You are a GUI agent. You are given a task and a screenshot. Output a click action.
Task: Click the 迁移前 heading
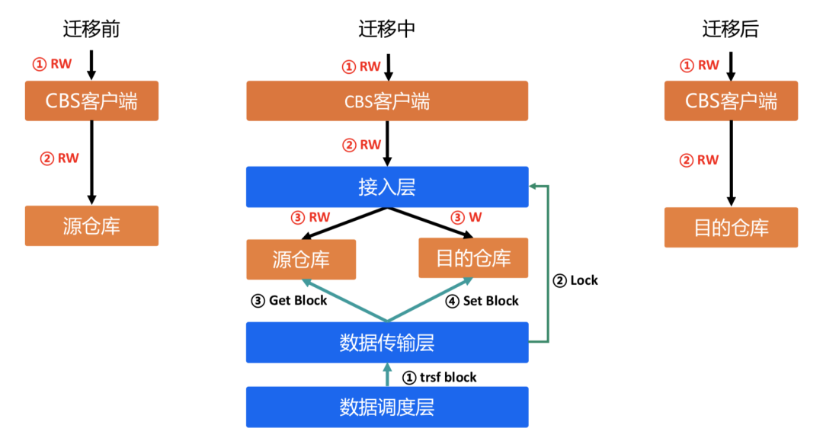(x=91, y=30)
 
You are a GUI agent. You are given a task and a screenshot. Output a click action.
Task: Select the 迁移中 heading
(x=387, y=30)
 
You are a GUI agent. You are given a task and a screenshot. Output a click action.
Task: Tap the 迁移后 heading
(x=731, y=30)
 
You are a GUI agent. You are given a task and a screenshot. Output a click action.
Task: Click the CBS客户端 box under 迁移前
(x=91, y=101)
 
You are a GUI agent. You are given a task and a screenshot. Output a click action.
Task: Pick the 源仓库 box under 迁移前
(x=91, y=225)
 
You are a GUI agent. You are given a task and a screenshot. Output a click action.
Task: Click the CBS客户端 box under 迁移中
(x=387, y=101)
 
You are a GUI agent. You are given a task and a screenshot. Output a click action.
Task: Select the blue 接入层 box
(x=387, y=187)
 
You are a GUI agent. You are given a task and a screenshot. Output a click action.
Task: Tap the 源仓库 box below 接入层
(x=301, y=259)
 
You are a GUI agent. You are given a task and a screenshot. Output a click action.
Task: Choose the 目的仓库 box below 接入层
(x=473, y=258)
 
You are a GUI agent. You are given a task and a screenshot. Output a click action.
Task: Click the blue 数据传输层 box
(x=387, y=342)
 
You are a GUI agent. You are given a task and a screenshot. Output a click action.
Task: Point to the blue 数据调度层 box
(x=387, y=407)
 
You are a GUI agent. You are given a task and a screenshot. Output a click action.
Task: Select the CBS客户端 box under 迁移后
(x=731, y=101)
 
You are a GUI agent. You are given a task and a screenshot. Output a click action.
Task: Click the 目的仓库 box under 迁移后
(x=731, y=227)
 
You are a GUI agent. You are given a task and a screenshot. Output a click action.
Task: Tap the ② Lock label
(x=575, y=280)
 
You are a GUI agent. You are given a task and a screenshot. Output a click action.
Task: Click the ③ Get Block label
(x=290, y=300)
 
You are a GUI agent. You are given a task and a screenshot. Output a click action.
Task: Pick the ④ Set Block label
(x=482, y=301)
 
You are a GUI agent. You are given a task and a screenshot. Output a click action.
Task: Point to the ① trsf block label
(x=440, y=377)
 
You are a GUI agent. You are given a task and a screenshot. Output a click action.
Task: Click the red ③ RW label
(x=310, y=217)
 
